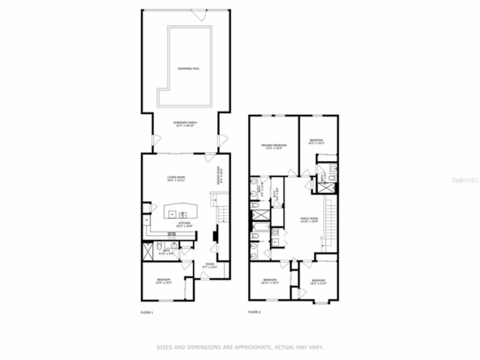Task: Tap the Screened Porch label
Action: pyautogui.click(x=185, y=123)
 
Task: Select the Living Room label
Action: pyautogui.click(x=176, y=177)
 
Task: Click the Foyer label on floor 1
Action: pyautogui.click(x=210, y=264)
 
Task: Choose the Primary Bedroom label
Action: pyautogui.click(x=274, y=145)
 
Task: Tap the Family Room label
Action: pyautogui.click(x=309, y=219)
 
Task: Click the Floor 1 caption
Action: pyautogui.click(x=146, y=312)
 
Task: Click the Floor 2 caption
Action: pyautogui.click(x=255, y=312)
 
